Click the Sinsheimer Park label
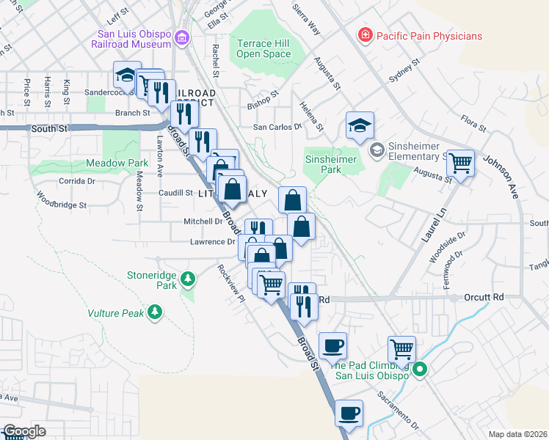(331, 164)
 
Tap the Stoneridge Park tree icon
(189, 278)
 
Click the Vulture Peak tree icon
(154, 313)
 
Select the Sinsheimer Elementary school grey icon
(377, 150)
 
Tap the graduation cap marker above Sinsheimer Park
(360, 125)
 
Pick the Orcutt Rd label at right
(484, 298)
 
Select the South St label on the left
(49, 128)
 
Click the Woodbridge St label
(62, 201)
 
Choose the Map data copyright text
(517, 434)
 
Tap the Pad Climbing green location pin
(419, 370)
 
